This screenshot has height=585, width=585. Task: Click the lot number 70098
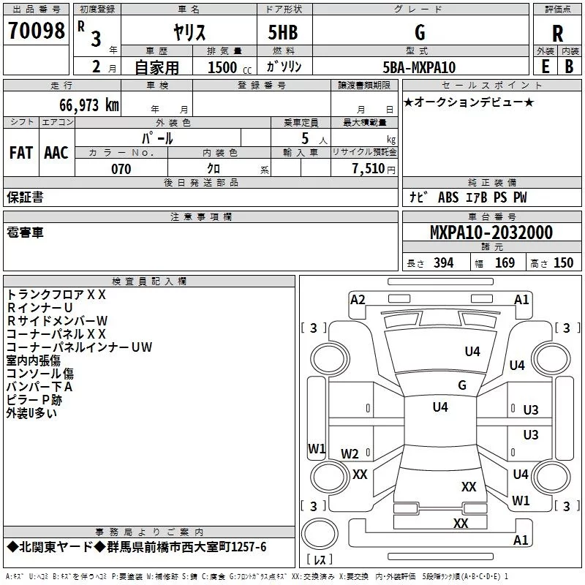[36, 31]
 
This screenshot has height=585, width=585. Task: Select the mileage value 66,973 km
[89, 105]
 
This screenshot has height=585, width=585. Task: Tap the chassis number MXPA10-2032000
[491, 233]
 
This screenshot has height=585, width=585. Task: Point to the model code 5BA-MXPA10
[419, 67]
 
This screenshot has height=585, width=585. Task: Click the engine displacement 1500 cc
[230, 67]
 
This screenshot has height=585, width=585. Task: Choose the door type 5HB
[283, 32]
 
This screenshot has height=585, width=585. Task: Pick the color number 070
[121, 169]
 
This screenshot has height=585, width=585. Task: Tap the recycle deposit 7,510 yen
[374, 169]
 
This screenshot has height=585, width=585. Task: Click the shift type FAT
[21, 153]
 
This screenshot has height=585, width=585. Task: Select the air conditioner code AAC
[56, 153]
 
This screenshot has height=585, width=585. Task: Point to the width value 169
[505, 263]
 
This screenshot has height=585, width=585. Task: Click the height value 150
[563, 263]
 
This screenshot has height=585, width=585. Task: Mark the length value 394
[444, 263]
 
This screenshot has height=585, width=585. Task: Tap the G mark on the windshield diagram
[462, 385]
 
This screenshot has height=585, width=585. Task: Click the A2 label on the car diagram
[358, 300]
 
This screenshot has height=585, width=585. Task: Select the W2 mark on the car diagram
[350, 453]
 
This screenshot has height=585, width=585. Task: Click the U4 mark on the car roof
[440, 407]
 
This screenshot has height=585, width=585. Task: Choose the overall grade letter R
[557, 34]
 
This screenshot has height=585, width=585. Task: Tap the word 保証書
[25, 197]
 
